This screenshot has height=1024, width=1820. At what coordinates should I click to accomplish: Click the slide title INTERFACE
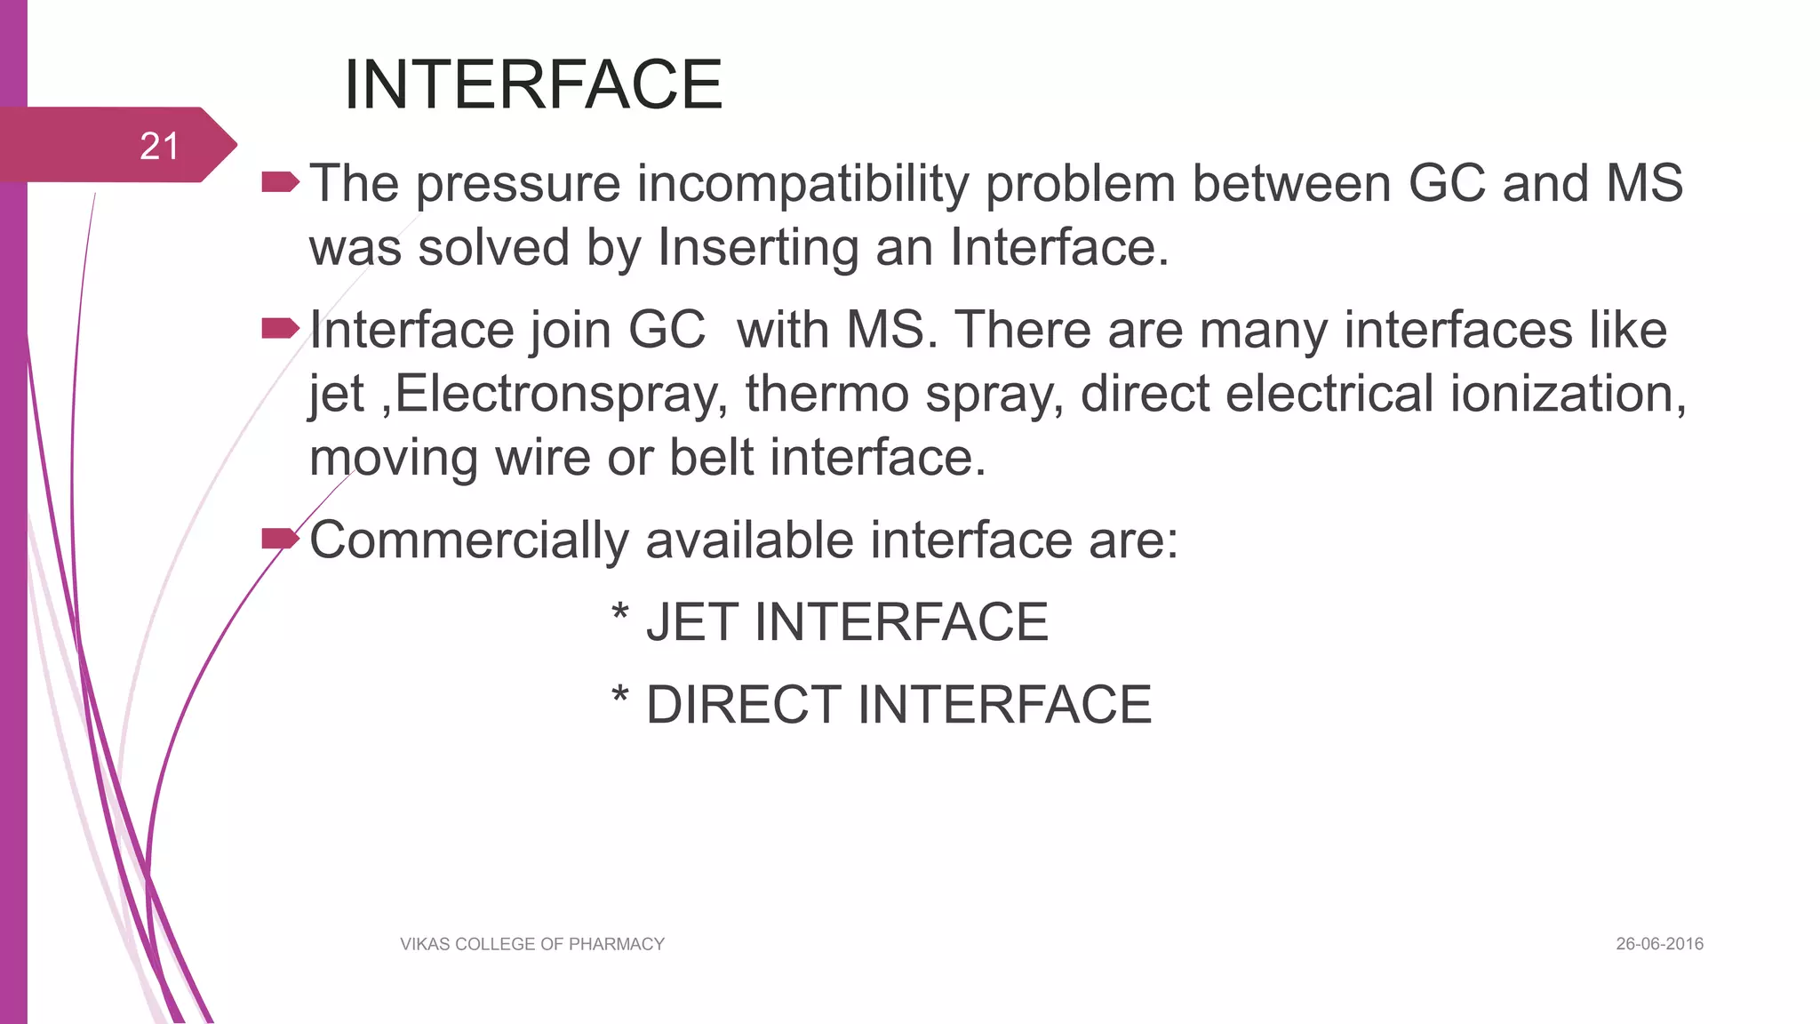coord(533,84)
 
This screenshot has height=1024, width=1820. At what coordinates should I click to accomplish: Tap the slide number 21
coord(160,146)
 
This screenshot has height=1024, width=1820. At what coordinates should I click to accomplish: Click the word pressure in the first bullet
coord(518,185)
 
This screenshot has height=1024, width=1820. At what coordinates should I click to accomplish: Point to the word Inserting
coord(758,247)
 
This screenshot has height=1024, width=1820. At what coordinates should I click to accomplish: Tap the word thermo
coord(826,394)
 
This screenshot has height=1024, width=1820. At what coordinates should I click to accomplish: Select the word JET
coord(691,622)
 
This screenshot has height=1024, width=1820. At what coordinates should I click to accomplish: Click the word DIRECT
coord(743,705)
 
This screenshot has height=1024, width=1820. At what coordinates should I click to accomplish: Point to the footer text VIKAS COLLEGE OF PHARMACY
coord(532,944)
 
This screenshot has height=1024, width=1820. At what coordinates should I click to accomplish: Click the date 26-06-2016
coord(1659,944)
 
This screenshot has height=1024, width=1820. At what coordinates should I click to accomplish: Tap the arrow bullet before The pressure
coord(280,183)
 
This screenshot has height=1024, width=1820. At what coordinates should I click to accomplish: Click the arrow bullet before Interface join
coord(280,330)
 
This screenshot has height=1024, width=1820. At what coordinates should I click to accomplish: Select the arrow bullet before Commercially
coord(280,539)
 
